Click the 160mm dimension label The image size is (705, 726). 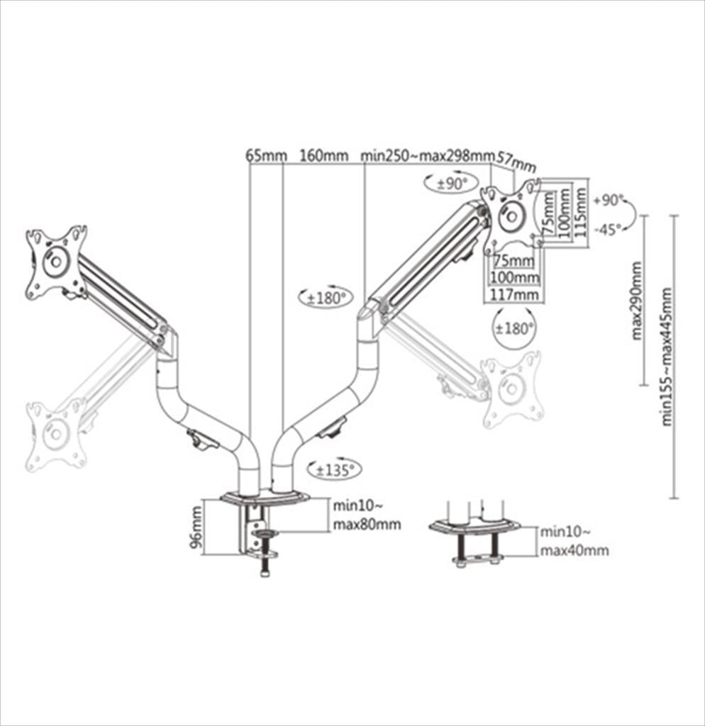point(324,155)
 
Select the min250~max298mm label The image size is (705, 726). point(426,155)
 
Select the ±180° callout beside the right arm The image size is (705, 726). point(326,298)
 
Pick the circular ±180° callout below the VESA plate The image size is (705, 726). point(515,329)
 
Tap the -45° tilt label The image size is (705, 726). point(608,229)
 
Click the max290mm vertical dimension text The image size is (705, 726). point(636,301)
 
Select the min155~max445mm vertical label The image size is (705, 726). point(667,357)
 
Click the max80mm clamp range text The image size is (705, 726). point(367,525)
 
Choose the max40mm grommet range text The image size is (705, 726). point(574,550)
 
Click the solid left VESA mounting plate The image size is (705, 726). point(56,262)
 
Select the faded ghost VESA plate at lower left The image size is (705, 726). point(56,435)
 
